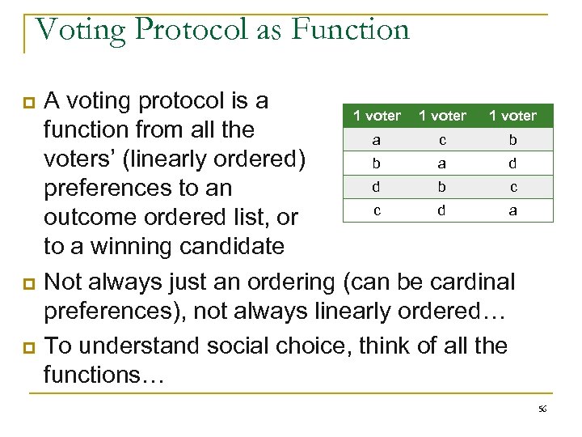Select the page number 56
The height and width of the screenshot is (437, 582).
pos(542,410)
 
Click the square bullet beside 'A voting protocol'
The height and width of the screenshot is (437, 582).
pos(30,102)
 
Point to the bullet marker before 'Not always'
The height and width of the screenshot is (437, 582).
pos(30,284)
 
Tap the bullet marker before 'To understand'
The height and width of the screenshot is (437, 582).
pos(30,347)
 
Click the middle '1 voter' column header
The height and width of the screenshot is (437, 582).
pos(442,116)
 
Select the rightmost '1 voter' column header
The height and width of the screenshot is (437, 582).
pos(512,116)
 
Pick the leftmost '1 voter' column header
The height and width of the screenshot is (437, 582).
pos(377,116)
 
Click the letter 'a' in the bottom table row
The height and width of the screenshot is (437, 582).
pos(512,210)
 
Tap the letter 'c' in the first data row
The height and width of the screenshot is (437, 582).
pos(442,139)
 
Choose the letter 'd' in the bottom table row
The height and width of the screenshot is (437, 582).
pos(442,210)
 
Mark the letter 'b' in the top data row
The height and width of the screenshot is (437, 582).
pos(512,139)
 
